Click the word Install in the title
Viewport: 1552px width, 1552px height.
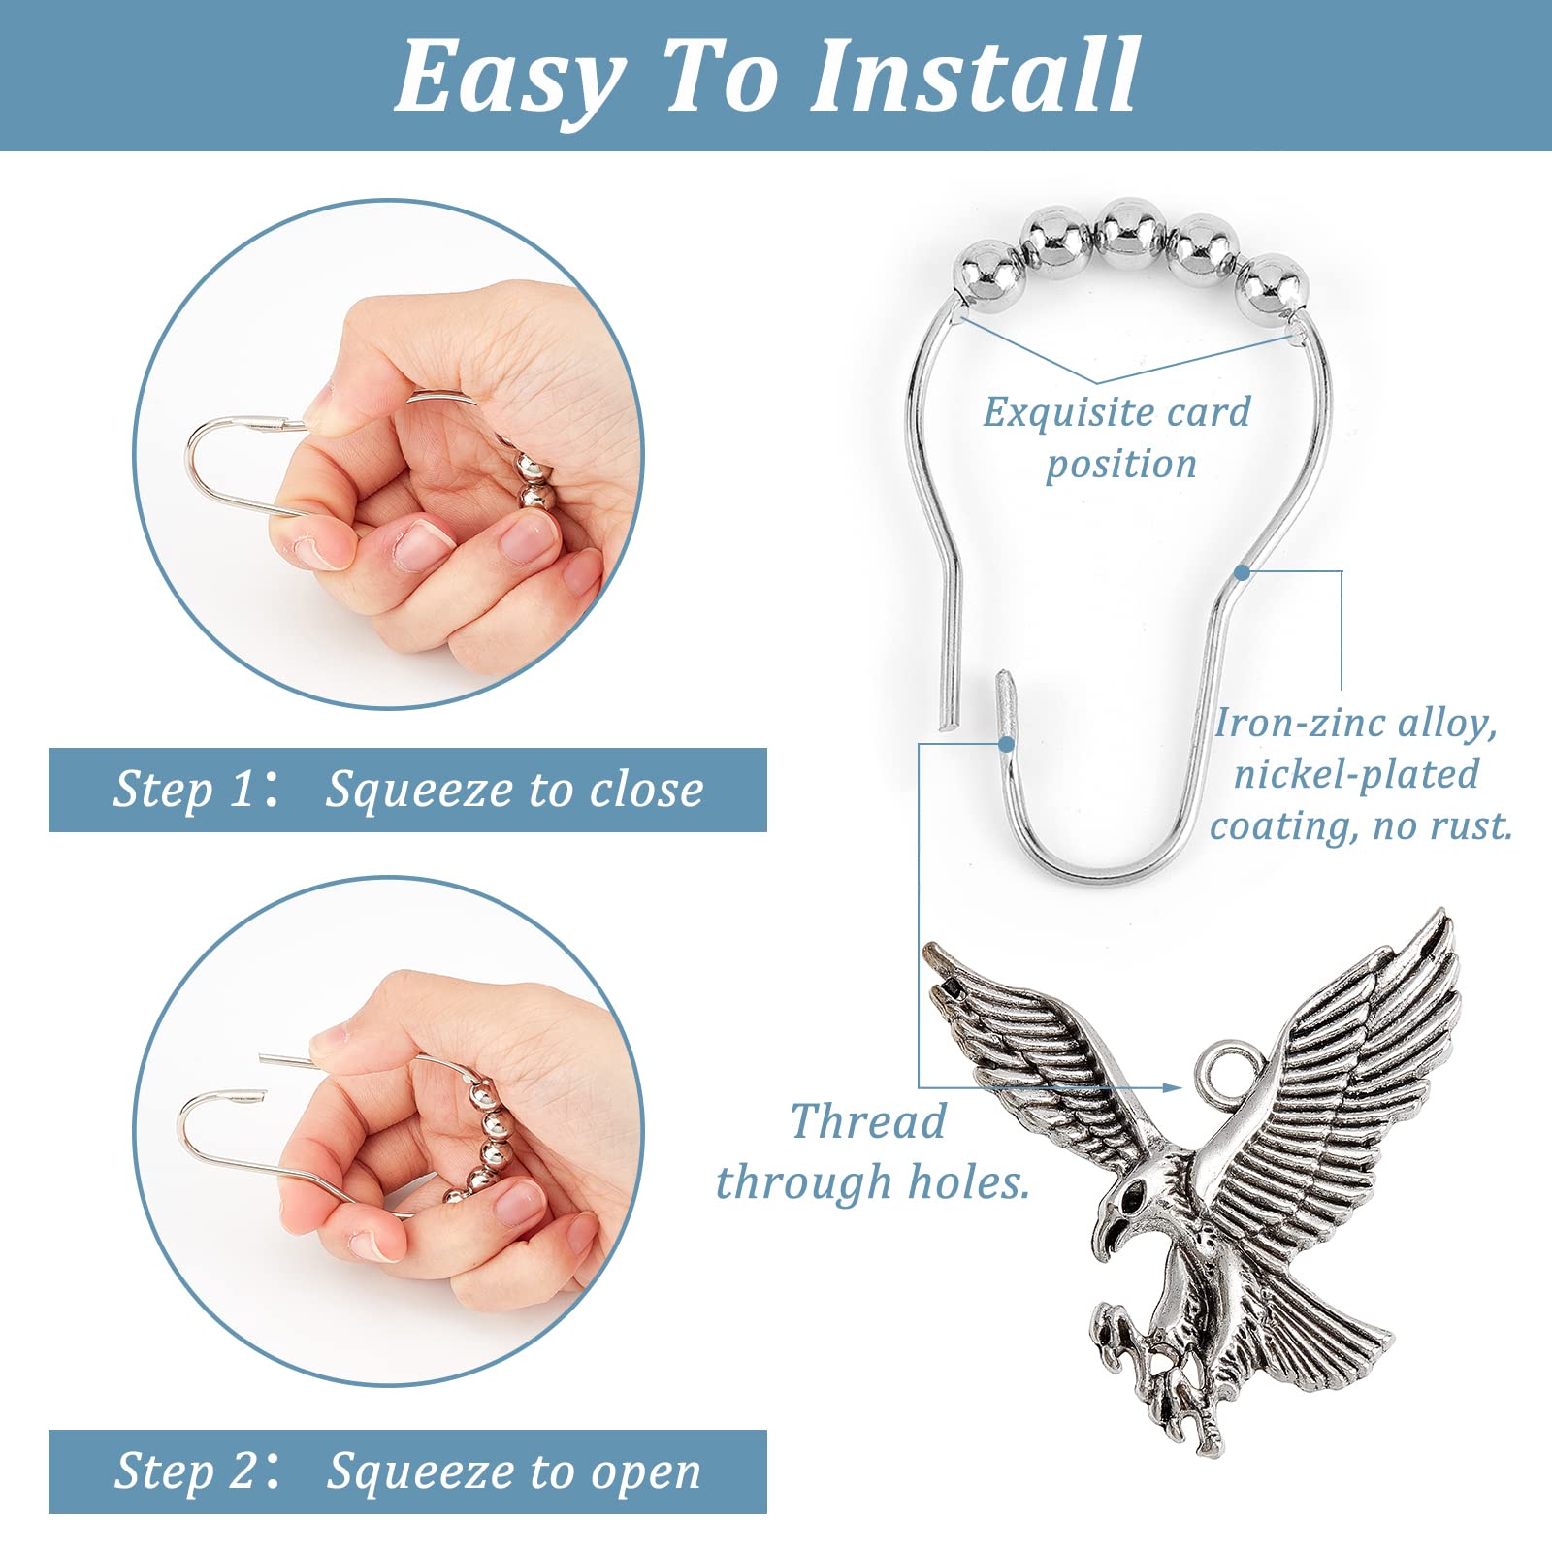click(974, 76)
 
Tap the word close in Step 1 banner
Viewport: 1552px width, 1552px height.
click(647, 789)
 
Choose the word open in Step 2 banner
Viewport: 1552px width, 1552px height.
click(646, 1473)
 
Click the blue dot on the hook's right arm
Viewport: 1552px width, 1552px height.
click(1243, 572)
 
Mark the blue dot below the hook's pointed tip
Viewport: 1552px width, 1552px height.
click(1006, 744)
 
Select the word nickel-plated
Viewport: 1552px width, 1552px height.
click(1356, 774)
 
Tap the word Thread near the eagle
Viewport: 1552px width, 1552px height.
click(868, 1122)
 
